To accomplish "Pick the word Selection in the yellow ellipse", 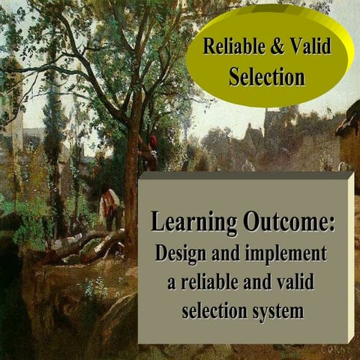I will tap(267, 76).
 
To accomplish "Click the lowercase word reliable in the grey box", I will tap(217, 282).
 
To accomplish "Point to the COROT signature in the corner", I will tap(337, 349).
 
